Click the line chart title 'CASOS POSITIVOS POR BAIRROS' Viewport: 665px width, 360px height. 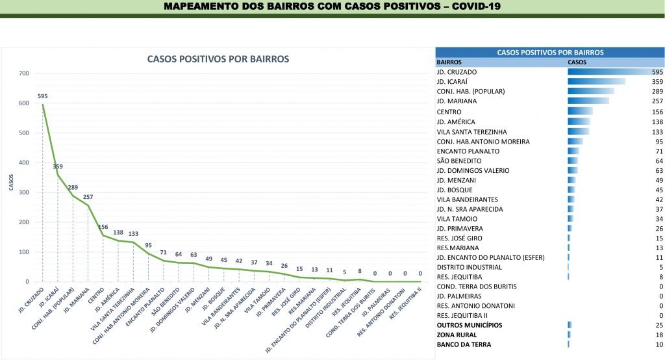218,59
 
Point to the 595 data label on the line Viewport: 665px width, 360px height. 43,96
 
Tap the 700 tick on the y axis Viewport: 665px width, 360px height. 24,73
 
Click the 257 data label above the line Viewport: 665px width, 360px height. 88,197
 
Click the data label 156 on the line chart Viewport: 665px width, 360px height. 103,227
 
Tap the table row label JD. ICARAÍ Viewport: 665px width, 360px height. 456,82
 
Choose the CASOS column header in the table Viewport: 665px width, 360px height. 577,62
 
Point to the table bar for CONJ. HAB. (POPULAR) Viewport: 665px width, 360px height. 590,92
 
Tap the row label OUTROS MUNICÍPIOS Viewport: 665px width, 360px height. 470,325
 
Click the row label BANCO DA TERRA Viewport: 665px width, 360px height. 464,344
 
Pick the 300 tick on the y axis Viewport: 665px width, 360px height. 24,192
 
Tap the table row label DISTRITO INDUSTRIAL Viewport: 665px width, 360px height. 470,267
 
